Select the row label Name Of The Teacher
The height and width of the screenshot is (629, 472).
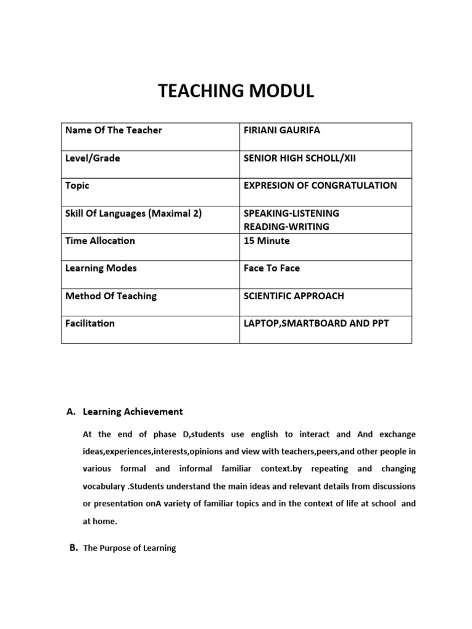tap(114, 130)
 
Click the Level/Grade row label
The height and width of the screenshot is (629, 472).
tap(93, 158)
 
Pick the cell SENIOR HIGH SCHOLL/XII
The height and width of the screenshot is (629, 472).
tap(300, 158)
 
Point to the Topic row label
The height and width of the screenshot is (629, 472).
tap(77, 186)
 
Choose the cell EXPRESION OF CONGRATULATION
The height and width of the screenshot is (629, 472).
tap(320, 186)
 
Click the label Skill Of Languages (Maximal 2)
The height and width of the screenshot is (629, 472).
tap(133, 213)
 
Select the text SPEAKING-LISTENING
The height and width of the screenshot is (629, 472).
tap(291, 213)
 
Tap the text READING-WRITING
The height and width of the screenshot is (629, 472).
tap(286, 227)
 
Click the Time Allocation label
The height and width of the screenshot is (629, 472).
tap(100, 240)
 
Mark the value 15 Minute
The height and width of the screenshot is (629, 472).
tap(267, 240)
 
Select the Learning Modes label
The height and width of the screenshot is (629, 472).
tap(101, 268)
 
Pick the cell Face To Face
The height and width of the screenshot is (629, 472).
tap(272, 268)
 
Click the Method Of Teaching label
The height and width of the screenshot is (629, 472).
tap(111, 296)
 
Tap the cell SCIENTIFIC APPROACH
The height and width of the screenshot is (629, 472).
tap(294, 296)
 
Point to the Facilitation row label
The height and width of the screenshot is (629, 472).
tap(90, 323)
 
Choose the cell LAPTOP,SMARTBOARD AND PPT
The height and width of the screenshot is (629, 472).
tap(316, 323)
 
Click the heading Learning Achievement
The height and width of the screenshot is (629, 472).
tap(133, 412)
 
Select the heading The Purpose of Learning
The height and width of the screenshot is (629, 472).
tap(129, 548)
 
